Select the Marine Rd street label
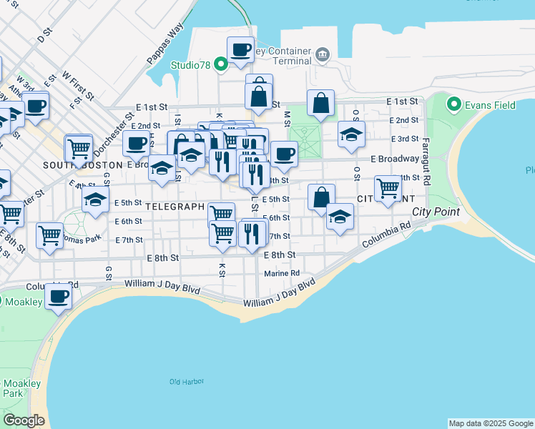281,273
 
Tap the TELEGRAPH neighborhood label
175,206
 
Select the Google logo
24,420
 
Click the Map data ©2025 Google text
491,423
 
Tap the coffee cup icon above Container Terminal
241,49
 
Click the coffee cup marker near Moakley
59,295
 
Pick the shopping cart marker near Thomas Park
49,235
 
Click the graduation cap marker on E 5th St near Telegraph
94,201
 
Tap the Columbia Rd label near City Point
386,235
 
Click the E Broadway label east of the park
395,159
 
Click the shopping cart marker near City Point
388,188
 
